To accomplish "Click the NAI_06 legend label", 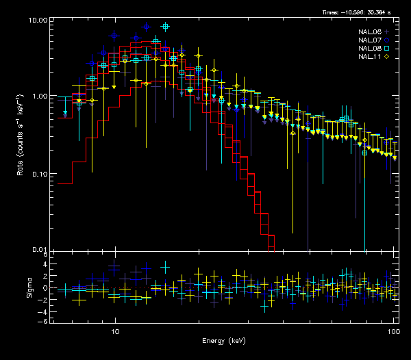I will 370,32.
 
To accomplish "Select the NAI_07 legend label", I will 370,40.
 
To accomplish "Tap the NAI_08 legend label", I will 370,49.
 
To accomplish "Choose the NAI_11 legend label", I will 370,57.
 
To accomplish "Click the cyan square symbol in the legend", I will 387,49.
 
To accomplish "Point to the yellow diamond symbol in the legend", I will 387,57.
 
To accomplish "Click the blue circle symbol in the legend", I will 387,40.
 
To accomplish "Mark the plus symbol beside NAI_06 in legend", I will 387,32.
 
